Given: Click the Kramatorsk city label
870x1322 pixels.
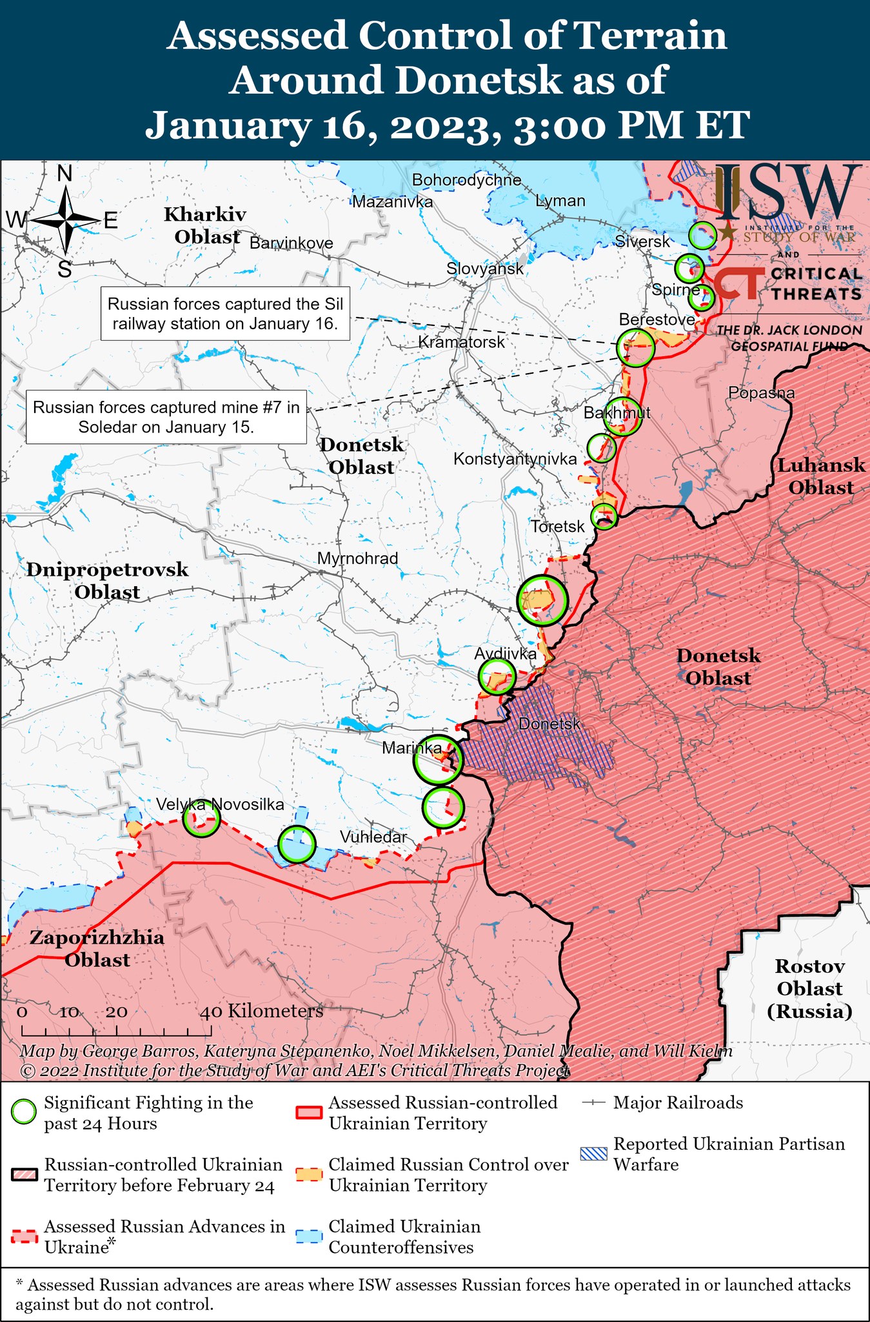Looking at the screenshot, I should (461, 342).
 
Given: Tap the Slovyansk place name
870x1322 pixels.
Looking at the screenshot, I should (485, 269).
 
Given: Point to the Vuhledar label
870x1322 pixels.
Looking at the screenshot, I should (373, 837).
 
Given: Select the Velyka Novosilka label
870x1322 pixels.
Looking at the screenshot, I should (220, 804).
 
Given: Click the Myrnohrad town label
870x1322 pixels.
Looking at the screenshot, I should (358, 558).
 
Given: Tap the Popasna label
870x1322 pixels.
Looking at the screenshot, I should (761, 392).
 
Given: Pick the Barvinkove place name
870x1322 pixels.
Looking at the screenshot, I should (292, 243).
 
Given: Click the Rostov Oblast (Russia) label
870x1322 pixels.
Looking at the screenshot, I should (809, 988).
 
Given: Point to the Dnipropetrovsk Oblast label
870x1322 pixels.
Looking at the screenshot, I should (107, 580).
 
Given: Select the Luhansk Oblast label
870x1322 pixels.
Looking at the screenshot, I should (820, 476).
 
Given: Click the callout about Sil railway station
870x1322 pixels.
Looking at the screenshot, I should (225, 314).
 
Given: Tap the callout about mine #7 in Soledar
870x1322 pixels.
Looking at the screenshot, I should (166, 417).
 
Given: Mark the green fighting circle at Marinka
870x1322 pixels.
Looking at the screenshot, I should (438, 760).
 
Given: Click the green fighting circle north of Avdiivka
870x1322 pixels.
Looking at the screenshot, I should (542, 600).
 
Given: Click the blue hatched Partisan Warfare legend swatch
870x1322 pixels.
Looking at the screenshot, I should (593, 1154).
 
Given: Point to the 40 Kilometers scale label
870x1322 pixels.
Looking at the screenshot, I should (261, 1011).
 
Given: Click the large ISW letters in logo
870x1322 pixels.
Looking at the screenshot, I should (788, 192).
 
